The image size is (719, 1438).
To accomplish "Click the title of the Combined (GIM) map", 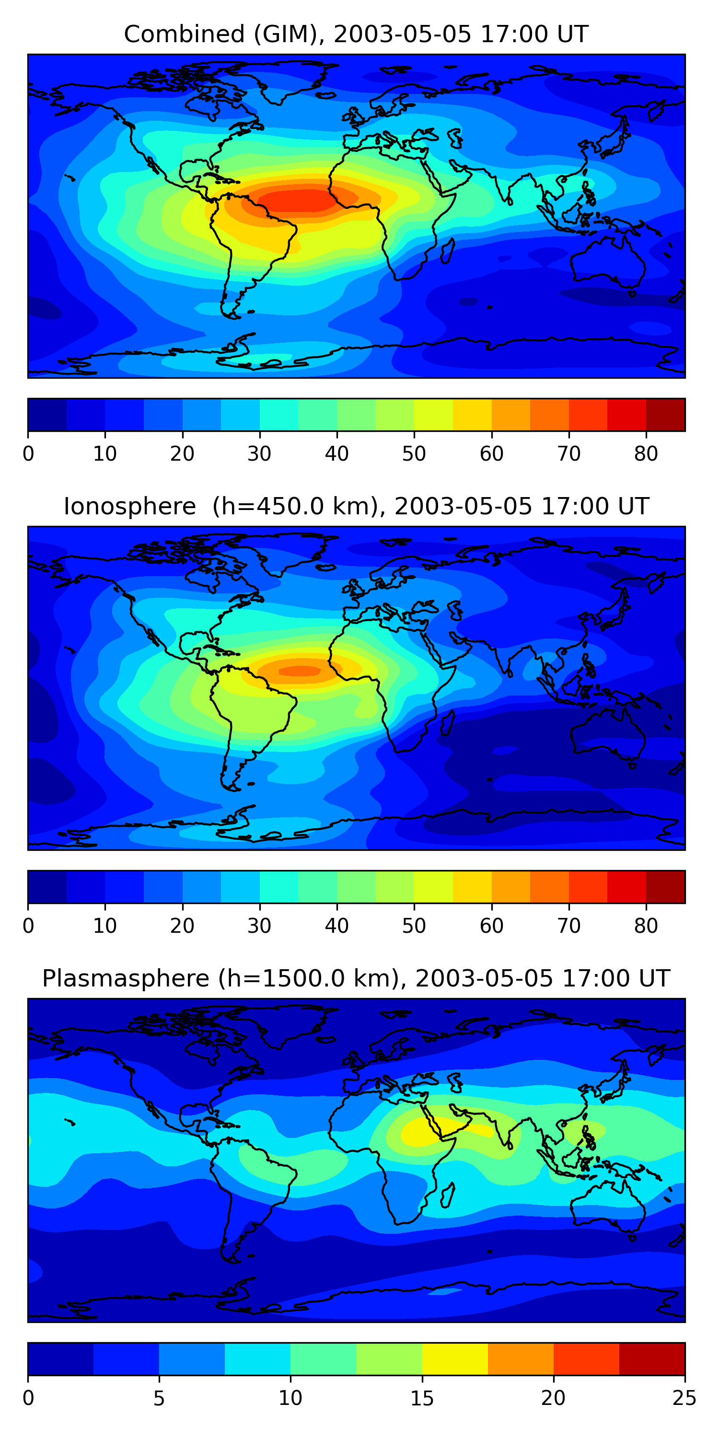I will coord(356,35).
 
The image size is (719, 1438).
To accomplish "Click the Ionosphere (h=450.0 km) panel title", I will coord(356,506).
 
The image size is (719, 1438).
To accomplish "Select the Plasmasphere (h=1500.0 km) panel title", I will coord(356,979).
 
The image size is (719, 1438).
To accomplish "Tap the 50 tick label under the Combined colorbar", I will coord(414,454).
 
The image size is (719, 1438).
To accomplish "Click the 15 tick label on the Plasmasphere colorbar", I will coord(422,1398).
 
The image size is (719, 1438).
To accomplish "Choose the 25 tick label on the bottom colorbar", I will coord(684,1398).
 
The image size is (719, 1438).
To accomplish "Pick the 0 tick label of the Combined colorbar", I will coord(28,454).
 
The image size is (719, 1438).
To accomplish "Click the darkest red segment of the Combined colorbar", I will coord(665,415).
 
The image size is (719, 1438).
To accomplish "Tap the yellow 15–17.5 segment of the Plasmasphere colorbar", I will coord(455,1359).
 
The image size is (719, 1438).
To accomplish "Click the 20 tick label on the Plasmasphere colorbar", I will coord(553,1398).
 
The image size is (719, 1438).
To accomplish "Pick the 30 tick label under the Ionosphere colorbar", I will coord(260,926).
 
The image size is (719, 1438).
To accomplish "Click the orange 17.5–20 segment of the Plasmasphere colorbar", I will coord(521,1359).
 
